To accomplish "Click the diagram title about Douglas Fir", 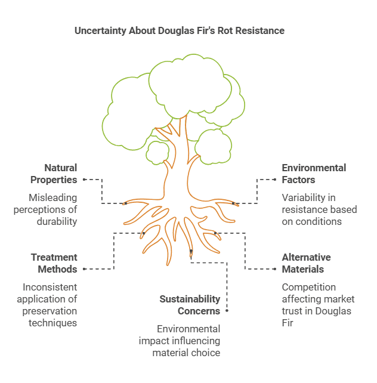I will (x=179, y=30).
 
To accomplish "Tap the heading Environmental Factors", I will (x=314, y=174).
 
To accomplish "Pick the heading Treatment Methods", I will (x=54, y=263).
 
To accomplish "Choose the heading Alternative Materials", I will (x=307, y=263).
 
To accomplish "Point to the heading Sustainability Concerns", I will (x=190, y=305).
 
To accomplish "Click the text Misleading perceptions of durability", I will (x=53, y=209).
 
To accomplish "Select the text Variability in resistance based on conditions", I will (x=319, y=209).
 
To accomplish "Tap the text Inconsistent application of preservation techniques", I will (x=47, y=305).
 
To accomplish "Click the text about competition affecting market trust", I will (x=318, y=305).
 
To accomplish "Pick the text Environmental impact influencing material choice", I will (x=180, y=341).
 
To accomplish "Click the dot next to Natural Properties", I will (x=84, y=179).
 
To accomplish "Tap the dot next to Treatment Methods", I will (x=84, y=269).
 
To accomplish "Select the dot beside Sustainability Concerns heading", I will (x=227, y=311).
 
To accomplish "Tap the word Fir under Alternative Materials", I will (x=289, y=323).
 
